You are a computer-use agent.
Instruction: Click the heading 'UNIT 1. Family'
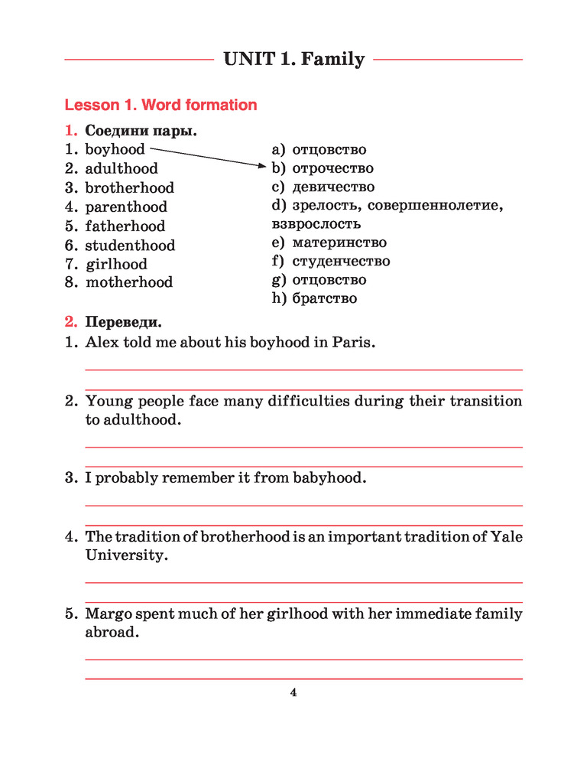pos(294,59)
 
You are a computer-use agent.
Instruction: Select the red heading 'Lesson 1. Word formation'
pos(160,105)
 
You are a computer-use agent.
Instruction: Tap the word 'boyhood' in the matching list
pos(115,149)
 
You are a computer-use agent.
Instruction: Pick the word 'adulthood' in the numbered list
pos(122,168)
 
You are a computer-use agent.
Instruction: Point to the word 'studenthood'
pos(130,245)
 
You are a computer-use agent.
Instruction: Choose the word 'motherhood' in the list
pos(129,282)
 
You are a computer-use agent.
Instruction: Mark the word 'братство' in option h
pos(324,298)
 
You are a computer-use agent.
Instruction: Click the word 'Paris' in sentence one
pos(353,342)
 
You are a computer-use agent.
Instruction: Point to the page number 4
pos(293,693)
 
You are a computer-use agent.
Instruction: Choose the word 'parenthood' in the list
pos(126,207)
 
